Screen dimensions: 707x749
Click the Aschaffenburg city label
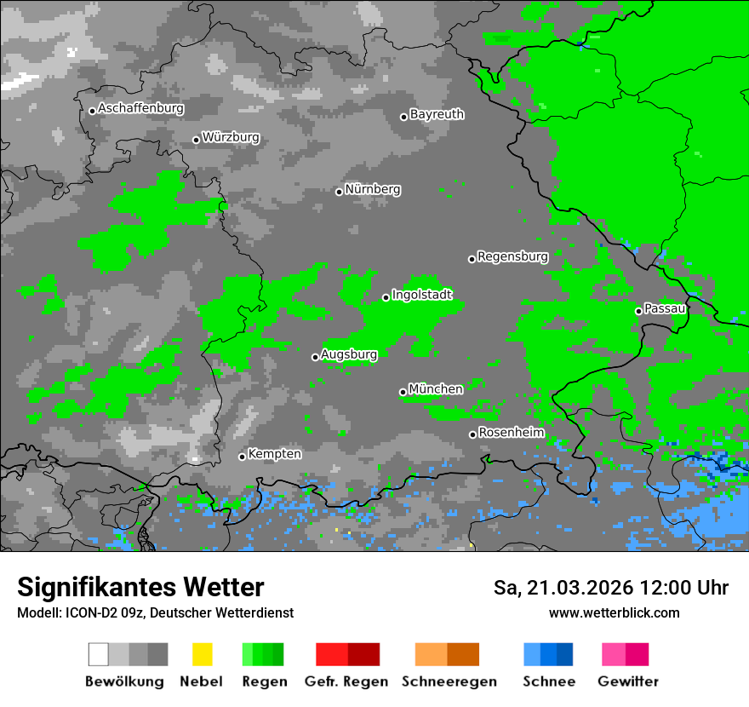140,108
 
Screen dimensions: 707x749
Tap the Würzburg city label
231,137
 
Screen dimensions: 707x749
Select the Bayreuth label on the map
437,114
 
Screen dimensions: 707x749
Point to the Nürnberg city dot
339,192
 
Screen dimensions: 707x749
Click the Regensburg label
512,256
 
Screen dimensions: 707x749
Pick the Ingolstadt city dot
386,297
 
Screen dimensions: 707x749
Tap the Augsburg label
349,354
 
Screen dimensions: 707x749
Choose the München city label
436,389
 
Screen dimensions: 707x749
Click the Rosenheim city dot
472,435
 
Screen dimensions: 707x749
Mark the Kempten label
274,454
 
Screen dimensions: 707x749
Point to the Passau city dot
638,311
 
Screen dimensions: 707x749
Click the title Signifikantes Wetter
140,588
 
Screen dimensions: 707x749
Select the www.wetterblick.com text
614,612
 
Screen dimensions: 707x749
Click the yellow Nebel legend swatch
202,654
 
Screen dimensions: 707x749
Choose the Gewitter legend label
628,681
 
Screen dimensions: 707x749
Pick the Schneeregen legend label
446,681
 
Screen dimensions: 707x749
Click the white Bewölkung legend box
98,654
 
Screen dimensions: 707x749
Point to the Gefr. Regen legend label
346,681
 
